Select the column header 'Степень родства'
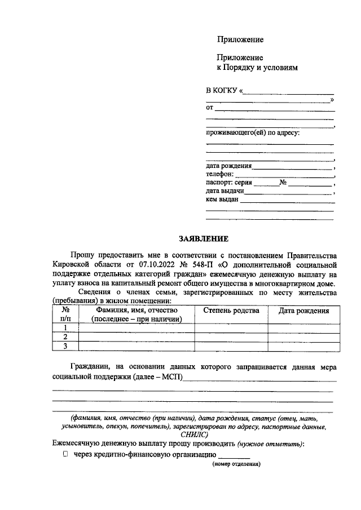click(x=231, y=311)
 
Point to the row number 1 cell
click(x=65, y=327)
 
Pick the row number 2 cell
click(x=65, y=336)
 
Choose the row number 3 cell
click(x=65, y=345)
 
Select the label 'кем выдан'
click(x=223, y=199)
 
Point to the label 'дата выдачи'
click(x=225, y=191)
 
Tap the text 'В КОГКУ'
click(x=221, y=90)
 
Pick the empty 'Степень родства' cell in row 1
click(x=231, y=327)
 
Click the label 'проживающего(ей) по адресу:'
click(x=253, y=132)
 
